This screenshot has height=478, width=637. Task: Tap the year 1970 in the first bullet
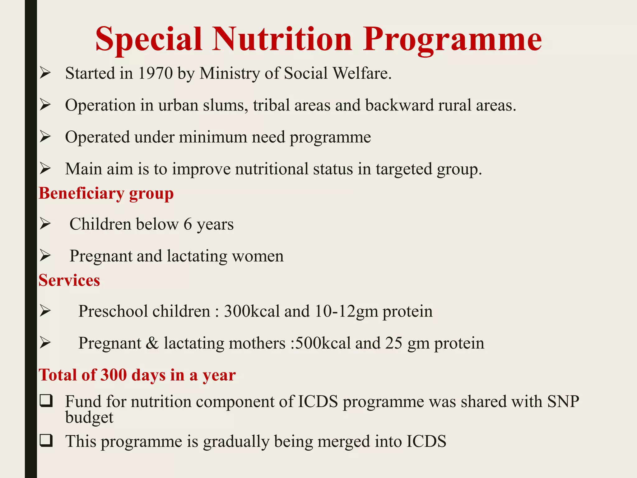tap(155, 73)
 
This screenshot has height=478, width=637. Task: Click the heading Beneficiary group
tap(106, 194)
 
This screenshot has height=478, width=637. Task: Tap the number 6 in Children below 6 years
tap(188, 224)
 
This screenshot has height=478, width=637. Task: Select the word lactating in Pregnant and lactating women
tap(197, 256)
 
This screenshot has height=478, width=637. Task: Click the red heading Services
tap(69, 280)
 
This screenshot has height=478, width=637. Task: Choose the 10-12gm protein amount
tap(374, 311)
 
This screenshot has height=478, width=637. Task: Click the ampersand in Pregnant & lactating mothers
tap(152, 343)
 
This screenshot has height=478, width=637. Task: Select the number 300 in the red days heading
tap(114, 375)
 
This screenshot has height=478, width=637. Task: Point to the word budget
tap(89, 417)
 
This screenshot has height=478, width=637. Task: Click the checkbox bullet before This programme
tap(46, 441)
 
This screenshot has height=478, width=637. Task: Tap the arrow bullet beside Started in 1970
tap(45, 73)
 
